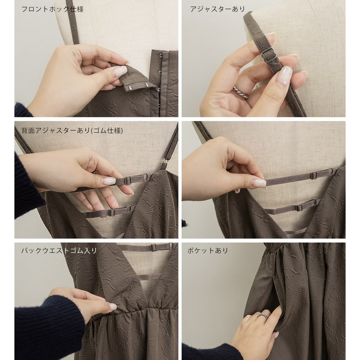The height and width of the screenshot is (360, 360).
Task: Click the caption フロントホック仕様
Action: click(x=52, y=9)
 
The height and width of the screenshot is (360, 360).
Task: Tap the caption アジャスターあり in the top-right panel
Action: click(x=217, y=9)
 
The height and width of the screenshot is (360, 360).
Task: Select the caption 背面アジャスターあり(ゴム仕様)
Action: click(x=72, y=130)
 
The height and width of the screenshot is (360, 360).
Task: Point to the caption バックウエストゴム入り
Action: click(x=59, y=250)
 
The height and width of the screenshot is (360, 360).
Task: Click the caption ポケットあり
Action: click(x=208, y=250)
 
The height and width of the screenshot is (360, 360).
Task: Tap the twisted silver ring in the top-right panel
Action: click(x=240, y=92)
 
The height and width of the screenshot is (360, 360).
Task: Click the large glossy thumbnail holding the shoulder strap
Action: click(x=284, y=76)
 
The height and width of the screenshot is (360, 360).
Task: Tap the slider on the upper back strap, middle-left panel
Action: click(x=128, y=180)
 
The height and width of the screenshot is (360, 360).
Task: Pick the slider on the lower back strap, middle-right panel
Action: click(x=299, y=208)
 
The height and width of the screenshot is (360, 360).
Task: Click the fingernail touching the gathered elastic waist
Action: click(x=113, y=306)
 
